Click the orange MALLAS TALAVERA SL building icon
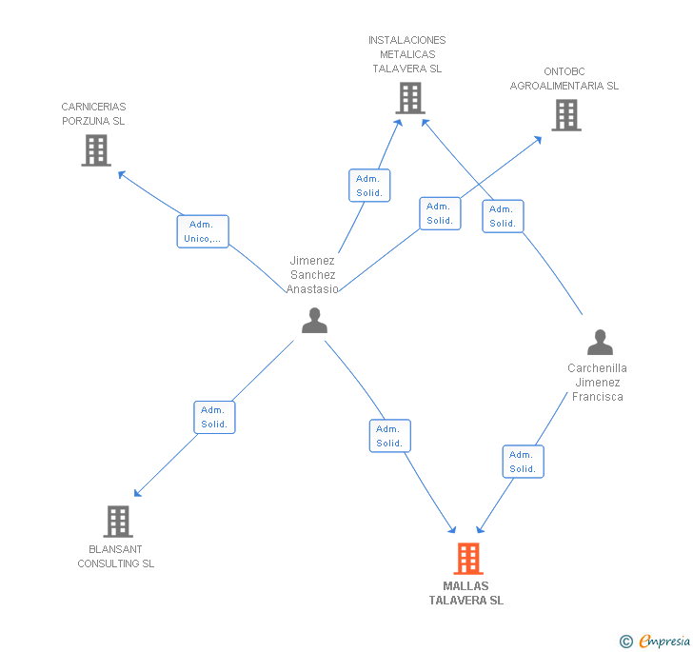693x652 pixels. pos(468,559)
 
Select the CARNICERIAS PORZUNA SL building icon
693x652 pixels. pos(96,150)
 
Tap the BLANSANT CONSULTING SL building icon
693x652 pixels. pos(118,522)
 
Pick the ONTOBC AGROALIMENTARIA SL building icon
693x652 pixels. pos(566,115)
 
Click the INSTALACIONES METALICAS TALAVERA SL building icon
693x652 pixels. pos(410,98)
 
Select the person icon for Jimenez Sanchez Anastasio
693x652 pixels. pos(315,320)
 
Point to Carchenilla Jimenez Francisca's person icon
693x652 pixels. pos(600,342)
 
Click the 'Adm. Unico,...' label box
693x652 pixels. pos(203,231)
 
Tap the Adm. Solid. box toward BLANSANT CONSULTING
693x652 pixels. pos(214,417)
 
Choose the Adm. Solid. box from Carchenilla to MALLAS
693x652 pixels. pos(524,462)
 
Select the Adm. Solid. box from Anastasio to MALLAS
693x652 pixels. pos(390,436)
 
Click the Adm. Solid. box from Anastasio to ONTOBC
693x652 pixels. pos(440,213)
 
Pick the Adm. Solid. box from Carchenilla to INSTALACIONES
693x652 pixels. pos(503,216)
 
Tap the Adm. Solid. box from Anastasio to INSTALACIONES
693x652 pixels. pos(369,186)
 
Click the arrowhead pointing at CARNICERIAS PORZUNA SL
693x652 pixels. pos(121,174)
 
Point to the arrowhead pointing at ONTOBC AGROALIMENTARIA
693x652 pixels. pos(539,140)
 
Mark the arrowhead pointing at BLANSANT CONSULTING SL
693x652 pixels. pos(137,493)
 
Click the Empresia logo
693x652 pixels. pos(655,641)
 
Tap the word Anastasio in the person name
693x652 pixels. pos(312,289)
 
